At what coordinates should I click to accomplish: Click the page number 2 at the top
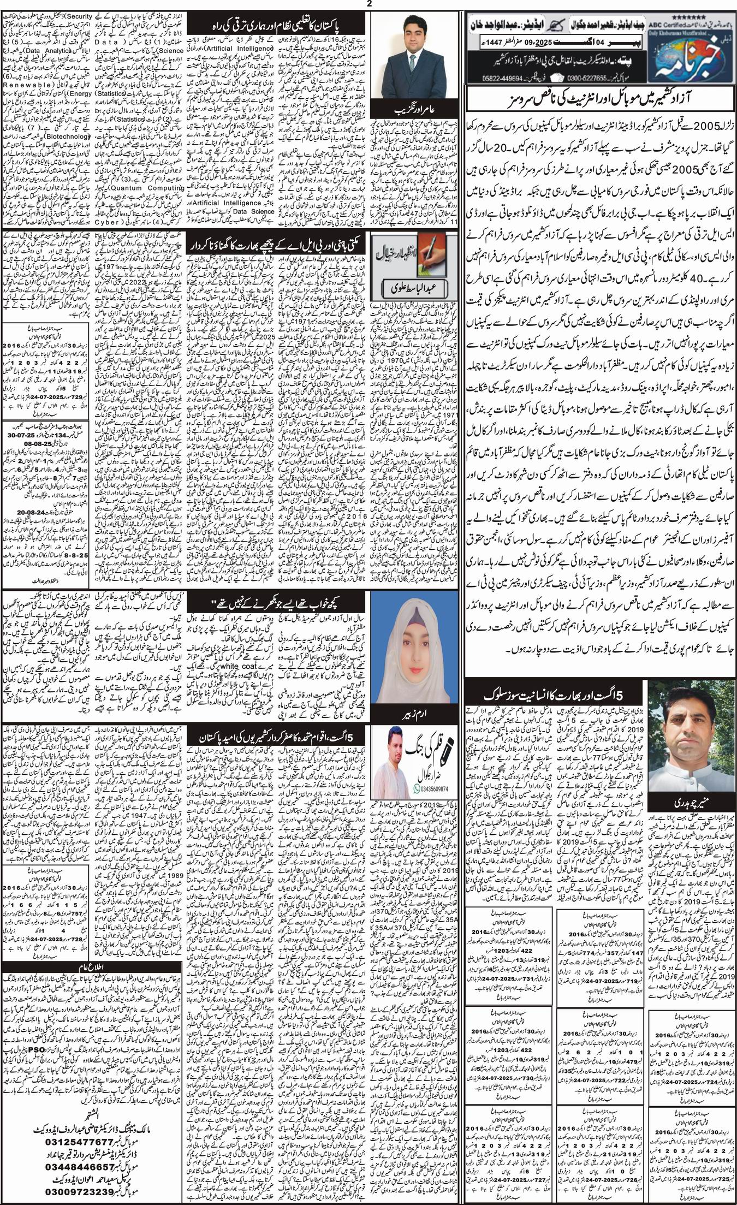coord(369,5)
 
